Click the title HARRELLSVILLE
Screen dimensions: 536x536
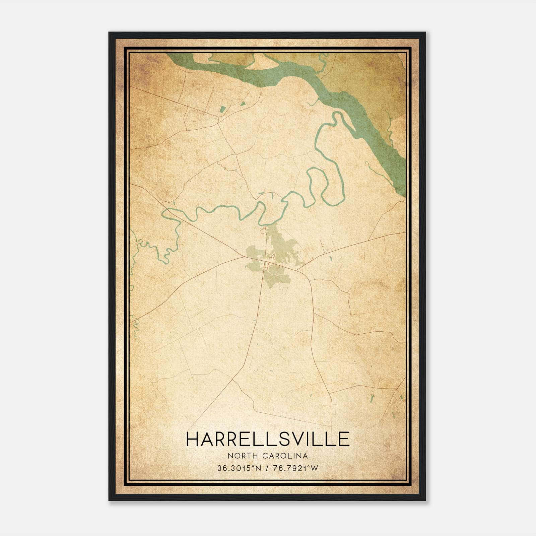coord(268,439)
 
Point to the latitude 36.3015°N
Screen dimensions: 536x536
coord(239,468)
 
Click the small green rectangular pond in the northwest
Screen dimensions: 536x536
coord(222,109)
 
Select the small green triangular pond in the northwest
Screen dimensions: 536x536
coord(243,104)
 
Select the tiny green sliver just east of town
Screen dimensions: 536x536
coord(331,258)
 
